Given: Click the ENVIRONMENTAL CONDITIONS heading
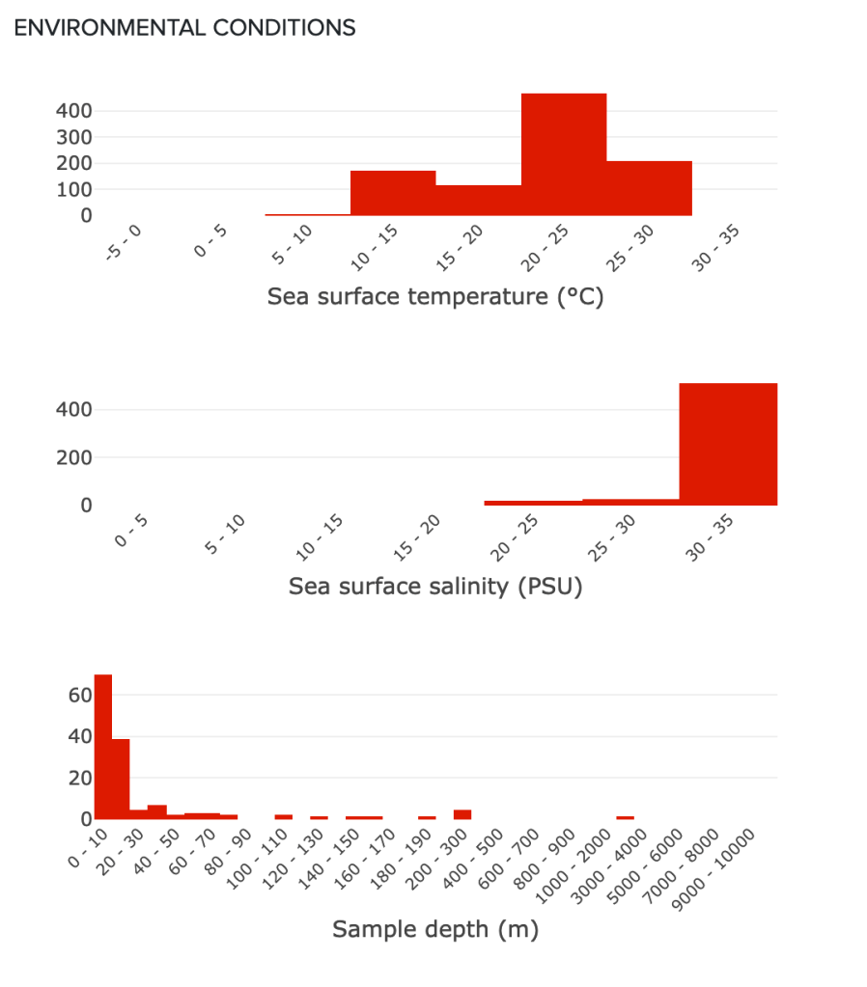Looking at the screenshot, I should [x=185, y=28].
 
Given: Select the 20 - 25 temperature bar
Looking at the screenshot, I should [x=564, y=154].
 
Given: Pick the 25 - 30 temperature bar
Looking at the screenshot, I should [x=649, y=188].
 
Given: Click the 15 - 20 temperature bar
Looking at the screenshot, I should [x=478, y=200].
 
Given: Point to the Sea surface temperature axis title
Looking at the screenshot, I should [x=434, y=296].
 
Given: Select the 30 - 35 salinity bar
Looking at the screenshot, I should [x=728, y=444].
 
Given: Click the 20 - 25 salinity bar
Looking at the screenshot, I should [x=533, y=503].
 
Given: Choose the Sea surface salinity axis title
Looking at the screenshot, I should [x=435, y=586].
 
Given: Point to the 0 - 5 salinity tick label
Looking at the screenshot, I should [x=131, y=531].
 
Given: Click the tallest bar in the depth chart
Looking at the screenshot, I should [x=103, y=747].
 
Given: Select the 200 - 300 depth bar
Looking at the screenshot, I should [x=462, y=814].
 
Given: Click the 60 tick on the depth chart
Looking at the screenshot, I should [x=79, y=695].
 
